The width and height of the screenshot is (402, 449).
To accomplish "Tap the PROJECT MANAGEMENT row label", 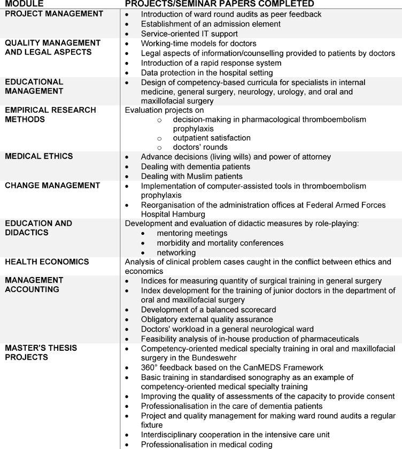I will [x=54, y=14].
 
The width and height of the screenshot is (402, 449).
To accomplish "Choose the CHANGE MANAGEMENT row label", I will [x=52, y=186].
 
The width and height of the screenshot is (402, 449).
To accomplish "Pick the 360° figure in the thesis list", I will [x=150, y=368].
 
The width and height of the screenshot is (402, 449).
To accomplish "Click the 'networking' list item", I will [x=176, y=253].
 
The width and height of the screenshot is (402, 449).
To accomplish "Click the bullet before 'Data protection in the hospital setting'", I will [x=127, y=73].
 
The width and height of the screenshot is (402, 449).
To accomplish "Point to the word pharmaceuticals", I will [x=325, y=339].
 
